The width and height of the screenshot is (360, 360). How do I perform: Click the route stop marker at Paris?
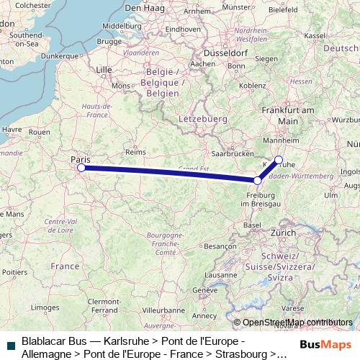click(x=81, y=168)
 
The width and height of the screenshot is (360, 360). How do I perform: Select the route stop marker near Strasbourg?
click(x=258, y=181)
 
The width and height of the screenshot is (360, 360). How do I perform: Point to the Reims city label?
click(x=135, y=153)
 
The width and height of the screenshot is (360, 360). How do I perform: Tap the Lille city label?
click(x=104, y=70)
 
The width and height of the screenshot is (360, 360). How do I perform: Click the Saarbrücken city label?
click(x=233, y=154)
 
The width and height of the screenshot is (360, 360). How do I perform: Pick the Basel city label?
click(x=252, y=225)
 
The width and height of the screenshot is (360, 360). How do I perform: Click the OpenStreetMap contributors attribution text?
click(x=297, y=323)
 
